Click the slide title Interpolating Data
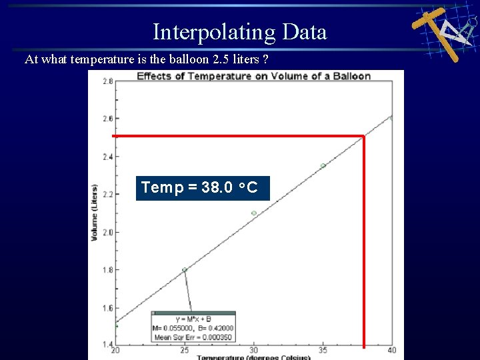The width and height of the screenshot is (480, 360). (239, 32)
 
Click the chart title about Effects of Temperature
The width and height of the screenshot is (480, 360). (253, 76)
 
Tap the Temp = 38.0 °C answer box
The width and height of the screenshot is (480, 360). (203, 188)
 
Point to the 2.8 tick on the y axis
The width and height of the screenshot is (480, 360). (107, 81)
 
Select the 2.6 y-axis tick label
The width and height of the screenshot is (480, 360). (107, 119)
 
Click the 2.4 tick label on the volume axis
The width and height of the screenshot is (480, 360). (107, 157)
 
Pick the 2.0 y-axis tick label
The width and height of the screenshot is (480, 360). (107, 233)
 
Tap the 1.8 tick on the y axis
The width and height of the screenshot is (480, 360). (107, 270)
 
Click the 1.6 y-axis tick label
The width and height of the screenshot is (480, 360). (107, 308)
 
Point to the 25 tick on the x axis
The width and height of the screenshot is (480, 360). (185, 351)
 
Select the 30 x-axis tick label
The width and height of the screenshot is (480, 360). (254, 351)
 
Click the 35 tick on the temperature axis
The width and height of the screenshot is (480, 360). (323, 351)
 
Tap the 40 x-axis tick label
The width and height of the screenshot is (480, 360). (391, 351)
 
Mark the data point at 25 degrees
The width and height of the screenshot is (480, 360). (185, 270)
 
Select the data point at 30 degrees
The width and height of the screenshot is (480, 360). (254, 213)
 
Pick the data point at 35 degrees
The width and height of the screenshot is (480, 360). (323, 166)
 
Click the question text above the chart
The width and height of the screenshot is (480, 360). (147, 60)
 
